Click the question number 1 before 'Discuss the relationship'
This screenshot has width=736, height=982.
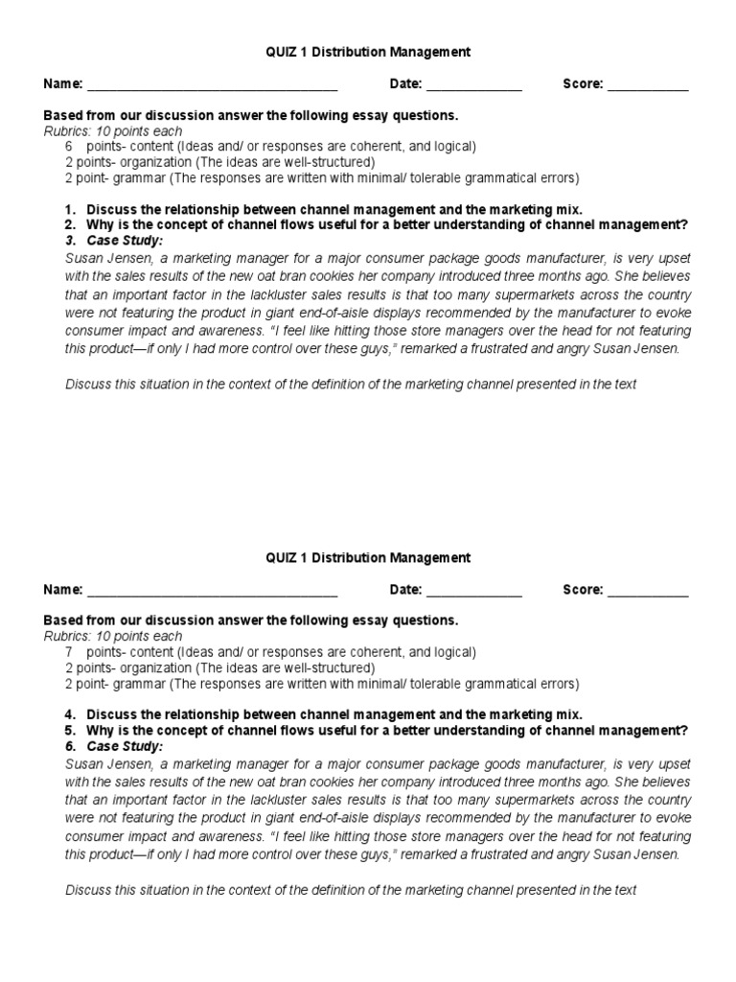coord(70,209)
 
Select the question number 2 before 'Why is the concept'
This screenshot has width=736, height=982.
coord(70,224)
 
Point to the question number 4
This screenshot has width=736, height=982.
coord(70,715)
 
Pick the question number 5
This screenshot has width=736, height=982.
coord(70,731)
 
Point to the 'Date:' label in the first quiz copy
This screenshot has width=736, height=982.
coord(405,84)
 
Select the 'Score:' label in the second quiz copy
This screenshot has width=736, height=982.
coord(583,591)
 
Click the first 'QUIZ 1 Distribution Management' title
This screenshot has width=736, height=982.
coord(368,51)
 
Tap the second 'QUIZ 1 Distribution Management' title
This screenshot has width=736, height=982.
coord(368,557)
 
